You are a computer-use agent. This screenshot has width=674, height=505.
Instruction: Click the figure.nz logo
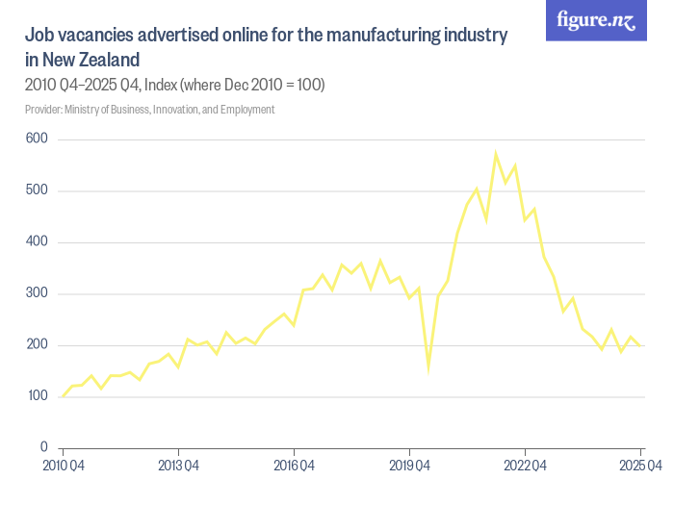[596, 20]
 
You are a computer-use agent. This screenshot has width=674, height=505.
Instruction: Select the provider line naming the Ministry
[149, 110]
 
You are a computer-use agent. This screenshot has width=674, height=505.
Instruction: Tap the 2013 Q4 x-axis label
[178, 467]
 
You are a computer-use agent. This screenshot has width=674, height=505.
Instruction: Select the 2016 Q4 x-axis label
[294, 467]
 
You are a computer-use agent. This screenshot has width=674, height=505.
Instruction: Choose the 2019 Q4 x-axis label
[409, 467]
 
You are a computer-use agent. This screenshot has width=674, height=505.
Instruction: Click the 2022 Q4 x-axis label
[525, 467]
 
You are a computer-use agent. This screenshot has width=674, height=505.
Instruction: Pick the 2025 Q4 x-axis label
[638, 467]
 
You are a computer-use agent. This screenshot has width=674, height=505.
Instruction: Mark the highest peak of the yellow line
[495, 153]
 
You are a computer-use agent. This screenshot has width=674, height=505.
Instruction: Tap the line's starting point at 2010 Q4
[63, 396]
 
